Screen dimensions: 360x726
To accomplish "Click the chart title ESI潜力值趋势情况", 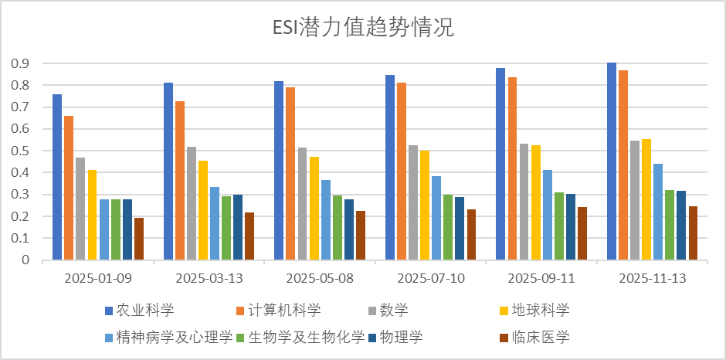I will [362, 29].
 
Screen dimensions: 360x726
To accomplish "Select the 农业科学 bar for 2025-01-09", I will [57, 177].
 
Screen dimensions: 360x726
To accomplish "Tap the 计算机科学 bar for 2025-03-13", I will [180, 181].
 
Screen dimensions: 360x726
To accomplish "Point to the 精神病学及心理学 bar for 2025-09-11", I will [547, 215].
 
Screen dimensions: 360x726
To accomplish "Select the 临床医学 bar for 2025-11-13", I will [693, 233].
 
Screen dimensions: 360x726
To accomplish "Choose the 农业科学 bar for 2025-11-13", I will [612, 161].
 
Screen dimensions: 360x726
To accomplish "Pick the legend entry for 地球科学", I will [541, 311].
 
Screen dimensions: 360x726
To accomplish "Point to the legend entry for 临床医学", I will [541, 337].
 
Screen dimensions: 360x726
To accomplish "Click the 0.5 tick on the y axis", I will [20, 151].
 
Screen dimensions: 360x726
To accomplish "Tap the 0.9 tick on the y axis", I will [20, 63].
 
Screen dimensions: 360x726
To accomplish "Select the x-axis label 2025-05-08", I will [320, 278].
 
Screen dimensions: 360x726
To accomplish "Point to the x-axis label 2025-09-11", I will [541, 278].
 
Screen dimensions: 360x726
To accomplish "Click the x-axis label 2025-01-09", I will [97, 278].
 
